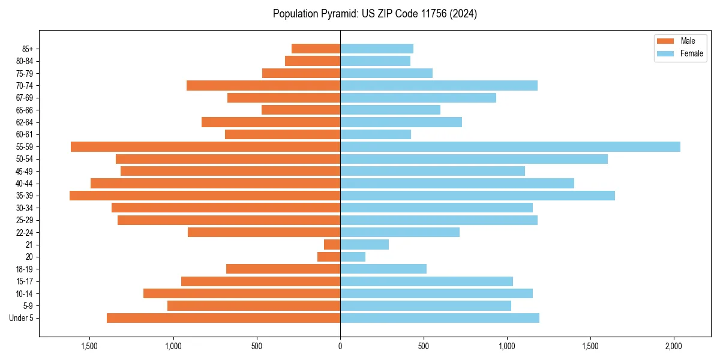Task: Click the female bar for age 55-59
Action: pos(510,147)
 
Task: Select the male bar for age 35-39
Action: pos(205,196)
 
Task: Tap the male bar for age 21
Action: pos(332,245)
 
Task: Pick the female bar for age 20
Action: pos(353,257)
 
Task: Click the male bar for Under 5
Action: pos(223,318)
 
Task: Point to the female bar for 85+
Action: pos(377,49)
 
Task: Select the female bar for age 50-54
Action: pos(474,159)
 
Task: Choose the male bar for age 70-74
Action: pos(263,86)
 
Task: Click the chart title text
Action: pos(375,14)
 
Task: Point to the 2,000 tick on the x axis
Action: pos(674,346)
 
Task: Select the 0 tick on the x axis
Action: pos(340,346)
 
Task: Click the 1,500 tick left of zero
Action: pos(89,346)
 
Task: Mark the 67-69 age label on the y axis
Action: pos(25,98)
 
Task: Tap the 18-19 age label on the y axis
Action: pos(25,269)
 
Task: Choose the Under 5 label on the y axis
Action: pos(22,318)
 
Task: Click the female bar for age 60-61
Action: pos(376,134)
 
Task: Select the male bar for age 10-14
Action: pos(242,293)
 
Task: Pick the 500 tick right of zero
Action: pos(424,346)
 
